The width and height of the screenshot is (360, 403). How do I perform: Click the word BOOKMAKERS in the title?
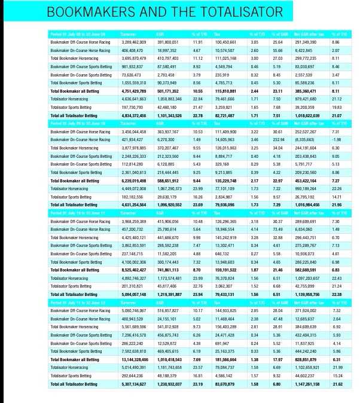84,12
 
